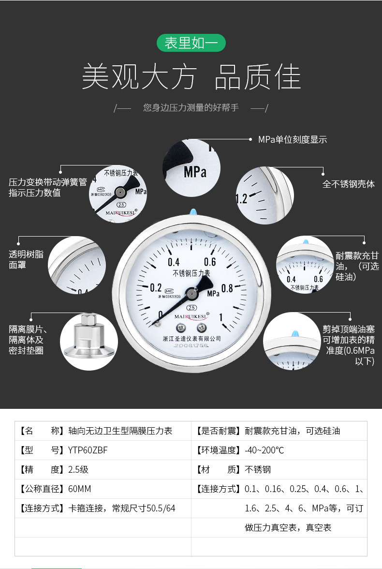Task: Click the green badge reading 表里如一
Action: pos(191,43)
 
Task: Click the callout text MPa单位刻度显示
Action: pos(292,140)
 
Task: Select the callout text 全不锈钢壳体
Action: pos(348,184)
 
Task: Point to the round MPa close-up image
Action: pos(191,168)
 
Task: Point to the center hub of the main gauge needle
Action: pos(192,293)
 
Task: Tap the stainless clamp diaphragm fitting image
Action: pos(88,341)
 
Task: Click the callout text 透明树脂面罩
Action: pos(26,259)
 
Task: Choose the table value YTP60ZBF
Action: pos(88,450)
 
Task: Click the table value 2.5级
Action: pos(78,470)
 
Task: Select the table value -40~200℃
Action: pos(264,450)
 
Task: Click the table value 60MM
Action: pos(80,489)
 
